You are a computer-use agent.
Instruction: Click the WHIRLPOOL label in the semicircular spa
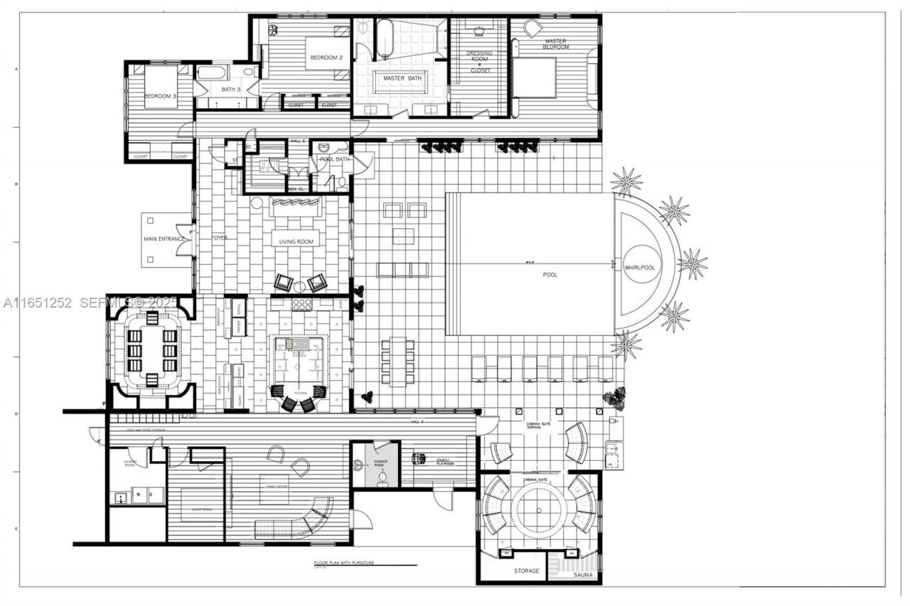(x=640, y=267)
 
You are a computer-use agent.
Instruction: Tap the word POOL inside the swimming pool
(x=550, y=274)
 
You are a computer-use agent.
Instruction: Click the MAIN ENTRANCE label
(x=165, y=239)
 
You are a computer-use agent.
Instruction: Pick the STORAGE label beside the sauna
(x=526, y=570)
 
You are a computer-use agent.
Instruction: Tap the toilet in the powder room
(x=385, y=479)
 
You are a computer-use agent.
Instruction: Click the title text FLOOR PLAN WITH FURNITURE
(x=344, y=563)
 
